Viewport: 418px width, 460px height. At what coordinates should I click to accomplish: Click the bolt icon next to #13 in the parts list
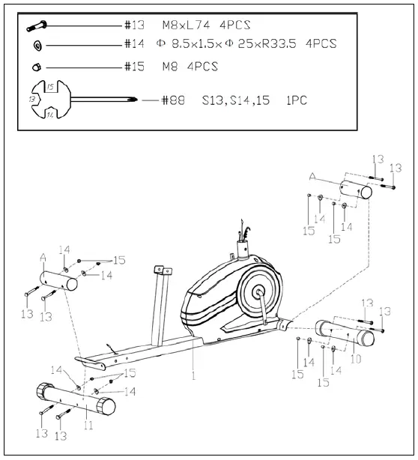point(37,26)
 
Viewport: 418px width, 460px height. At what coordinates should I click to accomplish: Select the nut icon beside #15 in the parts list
point(36,67)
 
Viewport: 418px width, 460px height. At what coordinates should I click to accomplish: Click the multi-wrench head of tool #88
point(42,100)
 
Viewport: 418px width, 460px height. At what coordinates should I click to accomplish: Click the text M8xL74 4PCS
point(204,25)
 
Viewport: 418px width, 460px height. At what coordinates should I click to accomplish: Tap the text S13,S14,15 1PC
point(254,100)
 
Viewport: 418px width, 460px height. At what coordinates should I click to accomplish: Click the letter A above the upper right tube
point(313,175)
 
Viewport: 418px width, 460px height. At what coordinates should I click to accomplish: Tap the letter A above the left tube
point(43,256)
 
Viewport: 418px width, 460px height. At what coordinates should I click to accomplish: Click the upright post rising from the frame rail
point(160,300)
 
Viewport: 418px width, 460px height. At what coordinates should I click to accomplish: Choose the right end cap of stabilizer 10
point(367,339)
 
